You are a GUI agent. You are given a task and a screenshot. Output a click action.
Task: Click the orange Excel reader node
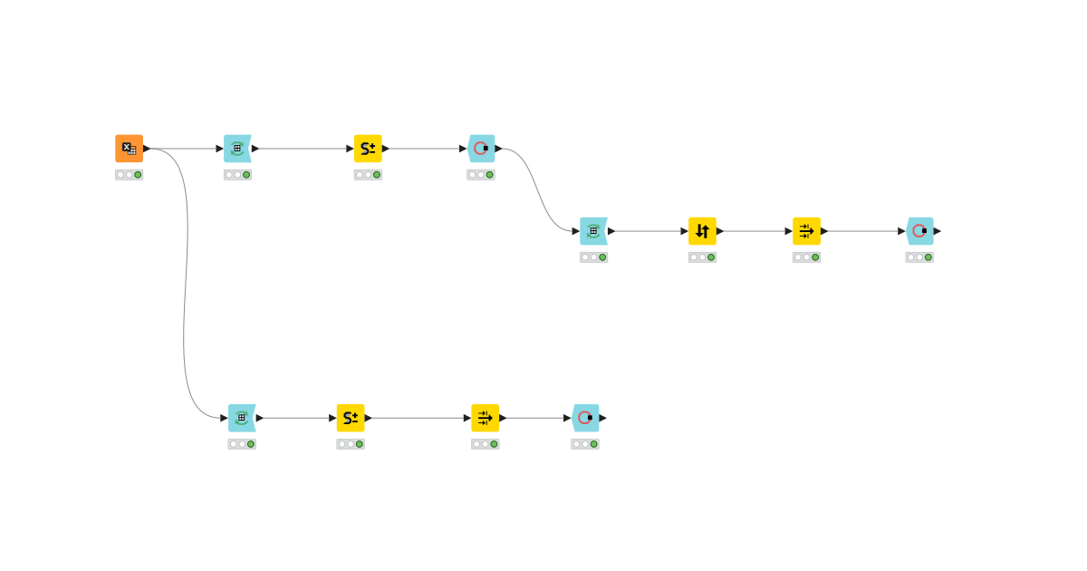129,149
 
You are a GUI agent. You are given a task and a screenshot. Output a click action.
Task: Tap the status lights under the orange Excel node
129,175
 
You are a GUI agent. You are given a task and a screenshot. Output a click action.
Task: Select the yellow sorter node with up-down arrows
702,231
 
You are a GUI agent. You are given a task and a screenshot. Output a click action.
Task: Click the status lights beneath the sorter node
702,257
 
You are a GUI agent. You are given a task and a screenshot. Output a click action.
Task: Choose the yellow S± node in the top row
368,149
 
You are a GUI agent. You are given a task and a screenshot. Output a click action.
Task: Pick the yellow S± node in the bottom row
351,418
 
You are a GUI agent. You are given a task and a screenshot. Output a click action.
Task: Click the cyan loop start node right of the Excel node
237,149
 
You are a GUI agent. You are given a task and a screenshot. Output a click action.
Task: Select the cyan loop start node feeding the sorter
593,231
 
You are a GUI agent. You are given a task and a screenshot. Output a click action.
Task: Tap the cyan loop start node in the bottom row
242,418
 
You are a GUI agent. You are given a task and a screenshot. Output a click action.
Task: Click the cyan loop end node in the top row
481,149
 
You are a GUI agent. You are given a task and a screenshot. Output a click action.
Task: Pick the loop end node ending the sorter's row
919,231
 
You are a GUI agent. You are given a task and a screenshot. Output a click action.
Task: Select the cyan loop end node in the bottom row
585,418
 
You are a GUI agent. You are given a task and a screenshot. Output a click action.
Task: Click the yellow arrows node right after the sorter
806,231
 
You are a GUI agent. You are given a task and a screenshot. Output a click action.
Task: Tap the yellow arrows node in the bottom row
485,418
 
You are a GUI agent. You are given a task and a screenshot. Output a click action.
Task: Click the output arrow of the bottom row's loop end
603,418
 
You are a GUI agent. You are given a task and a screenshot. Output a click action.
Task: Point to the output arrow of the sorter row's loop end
938,231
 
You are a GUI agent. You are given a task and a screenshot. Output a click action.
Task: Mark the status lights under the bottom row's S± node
351,444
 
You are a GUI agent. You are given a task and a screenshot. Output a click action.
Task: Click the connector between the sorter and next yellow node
755,231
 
